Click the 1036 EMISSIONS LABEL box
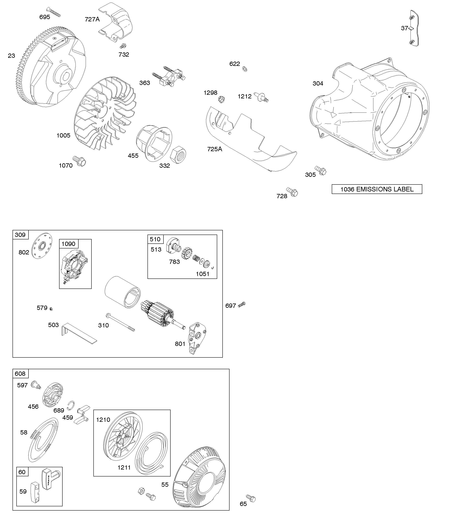pyautogui.click(x=377, y=189)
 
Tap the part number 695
pyautogui.click(x=45, y=17)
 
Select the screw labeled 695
pyautogui.click(x=54, y=12)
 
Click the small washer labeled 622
pyautogui.click(x=245, y=69)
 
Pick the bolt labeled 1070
pyautogui.click(x=80, y=161)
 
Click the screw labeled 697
pyautogui.click(x=242, y=304)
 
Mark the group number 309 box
pyautogui.click(x=20, y=235)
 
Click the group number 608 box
pyautogui.click(x=20, y=374)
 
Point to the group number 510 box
pyautogui.click(x=155, y=239)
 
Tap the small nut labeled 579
pyautogui.click(x=51, y=309)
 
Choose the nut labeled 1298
pyautogui.click(x=221, y=99)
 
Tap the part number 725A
pyautogui.click(x=215, y=149)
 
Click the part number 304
pyautogui.click(x=318, y=84)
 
